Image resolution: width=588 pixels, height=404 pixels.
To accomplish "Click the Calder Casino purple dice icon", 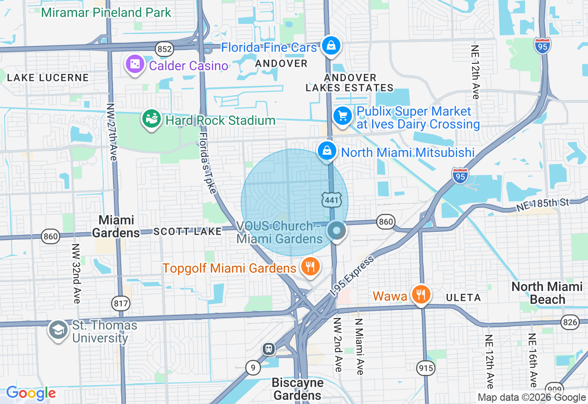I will click(x=135, y=65).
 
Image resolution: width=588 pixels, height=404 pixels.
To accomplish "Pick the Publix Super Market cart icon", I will click(x=342, y=116).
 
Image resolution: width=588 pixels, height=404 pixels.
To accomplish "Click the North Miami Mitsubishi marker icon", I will click(x=327, y=151).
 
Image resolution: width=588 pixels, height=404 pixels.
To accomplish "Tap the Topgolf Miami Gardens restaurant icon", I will click(x=311, y=266).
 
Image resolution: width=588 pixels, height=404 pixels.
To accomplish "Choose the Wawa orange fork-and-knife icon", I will click(x=420, y=294).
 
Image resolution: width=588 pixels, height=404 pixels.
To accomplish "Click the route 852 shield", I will click(x=164, y=49).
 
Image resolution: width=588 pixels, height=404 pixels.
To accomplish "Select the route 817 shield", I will click(x=121, y=303).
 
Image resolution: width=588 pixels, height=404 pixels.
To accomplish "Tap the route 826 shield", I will click(x=570, y=322).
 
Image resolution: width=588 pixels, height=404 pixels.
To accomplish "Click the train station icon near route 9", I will click(x=269, y=349).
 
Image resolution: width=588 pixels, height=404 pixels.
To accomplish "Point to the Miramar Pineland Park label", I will click(x=106, y=12).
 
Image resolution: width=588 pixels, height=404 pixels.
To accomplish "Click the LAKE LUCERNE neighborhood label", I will click(x=48, y=78).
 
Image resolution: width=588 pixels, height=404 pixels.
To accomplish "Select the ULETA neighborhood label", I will click(x=463, y=297).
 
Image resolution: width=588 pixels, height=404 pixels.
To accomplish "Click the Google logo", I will click(x=31, y=393).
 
